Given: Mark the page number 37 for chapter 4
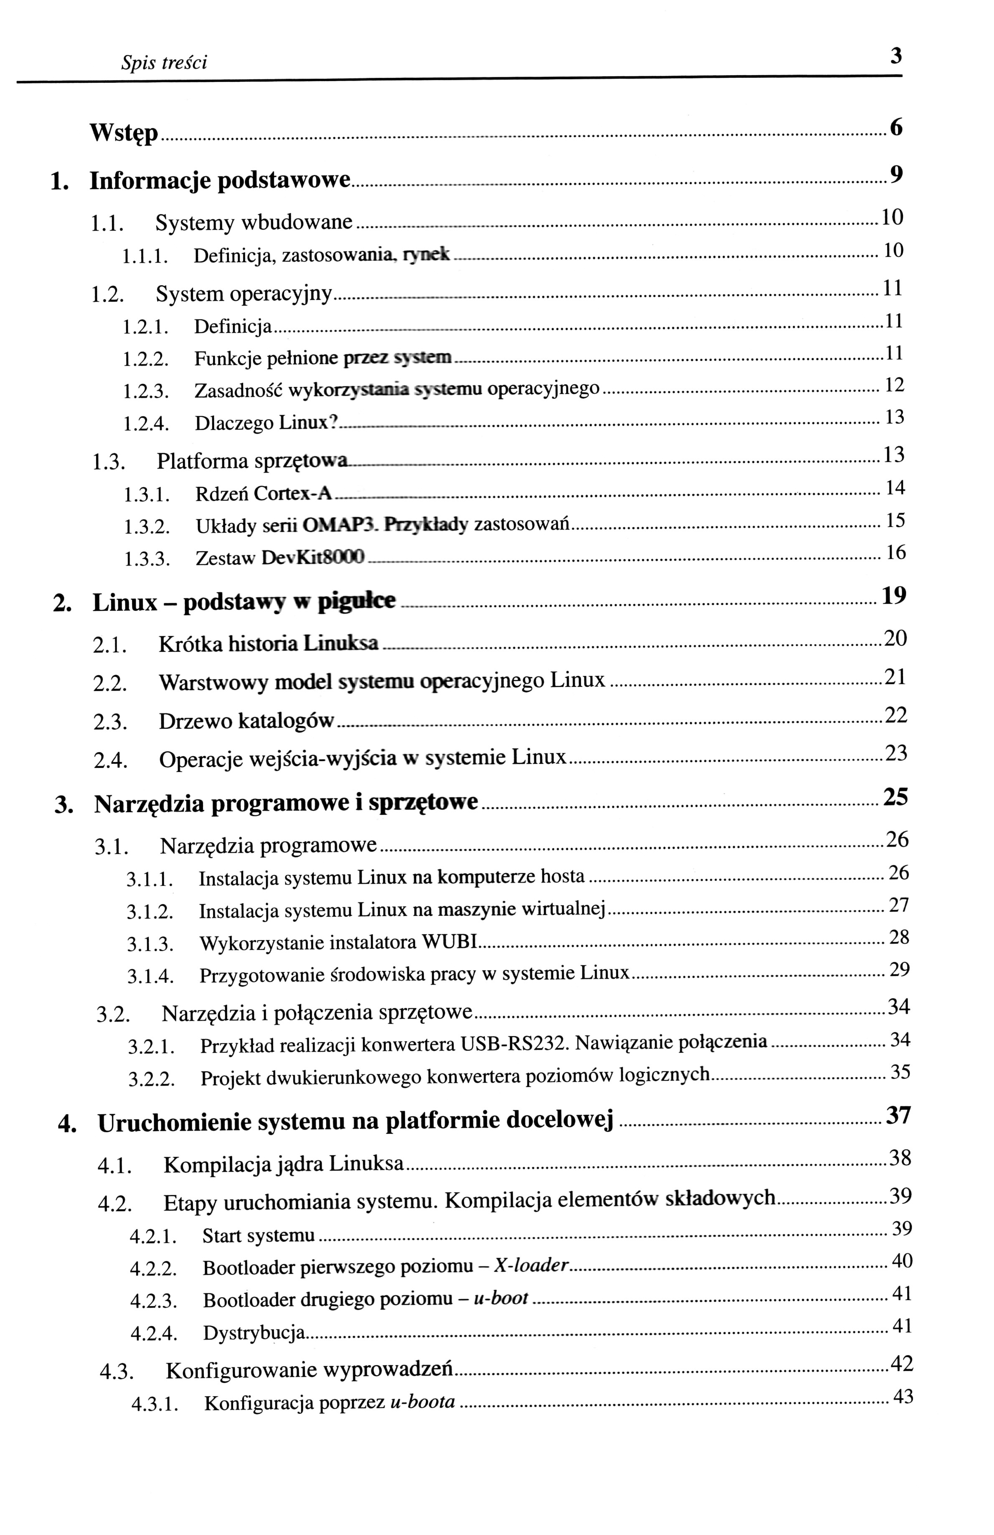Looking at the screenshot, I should pyautogui.click(x=898, y=1115).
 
